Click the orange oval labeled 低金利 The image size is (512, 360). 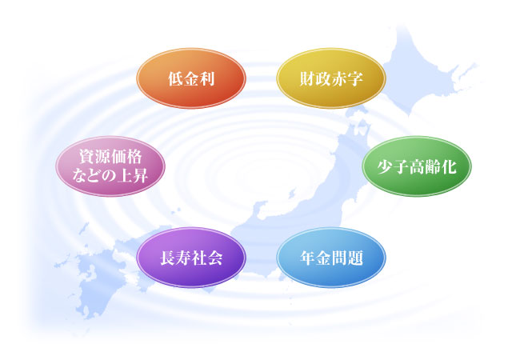(191, 78)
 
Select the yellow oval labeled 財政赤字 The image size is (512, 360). (331, 78)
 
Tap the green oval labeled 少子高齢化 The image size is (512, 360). (417, 166)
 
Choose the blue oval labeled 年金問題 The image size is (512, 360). (331, 258)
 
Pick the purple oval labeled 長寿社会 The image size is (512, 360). (191, 258)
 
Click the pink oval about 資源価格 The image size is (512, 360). (110, 166)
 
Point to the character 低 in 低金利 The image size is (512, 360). (175, 78)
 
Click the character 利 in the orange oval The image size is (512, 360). (206, 78)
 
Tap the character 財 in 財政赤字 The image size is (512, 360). (307, 78)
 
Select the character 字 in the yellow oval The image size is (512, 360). (355, 78)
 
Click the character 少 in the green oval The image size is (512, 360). (386, 167)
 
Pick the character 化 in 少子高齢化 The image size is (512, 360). (449, 167)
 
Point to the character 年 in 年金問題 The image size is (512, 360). (308, 258)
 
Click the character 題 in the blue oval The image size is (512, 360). (355, 258)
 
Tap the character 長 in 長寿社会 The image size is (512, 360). (167, 258)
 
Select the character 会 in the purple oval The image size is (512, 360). (215, 258)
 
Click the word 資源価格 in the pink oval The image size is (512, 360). (110, 157)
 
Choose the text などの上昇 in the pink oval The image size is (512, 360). (110, 176)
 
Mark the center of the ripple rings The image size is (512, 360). (258, 177)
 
